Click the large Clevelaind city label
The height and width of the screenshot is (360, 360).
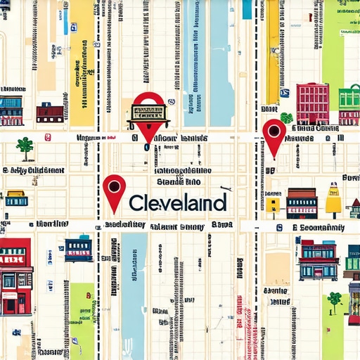[177, 203]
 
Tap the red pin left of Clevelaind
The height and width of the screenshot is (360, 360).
[114, 190]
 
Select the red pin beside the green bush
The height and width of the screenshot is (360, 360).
[274, 134]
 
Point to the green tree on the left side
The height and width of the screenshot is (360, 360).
[25, 146]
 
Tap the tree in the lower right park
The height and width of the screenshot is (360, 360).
[334, 300]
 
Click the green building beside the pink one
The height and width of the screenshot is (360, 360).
[349, 105]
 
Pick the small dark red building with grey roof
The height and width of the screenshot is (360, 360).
[50, 112]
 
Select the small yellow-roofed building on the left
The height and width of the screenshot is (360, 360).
[15, 198]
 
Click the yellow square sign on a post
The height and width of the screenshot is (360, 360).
[273, 205]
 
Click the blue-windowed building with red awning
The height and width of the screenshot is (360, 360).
[318, 259]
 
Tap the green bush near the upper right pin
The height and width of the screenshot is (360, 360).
[286, 117]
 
